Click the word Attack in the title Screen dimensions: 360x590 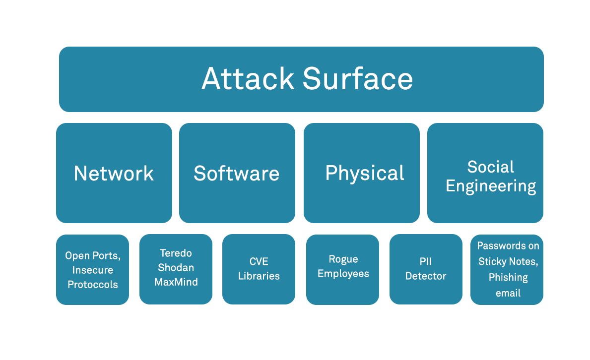pyautogui.click(x=248, y=79)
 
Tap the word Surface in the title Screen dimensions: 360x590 pyautogui.click(x=358, y=79)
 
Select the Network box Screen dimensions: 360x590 pyautogui.click(x=114, y=173)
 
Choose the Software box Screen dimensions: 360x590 pyautogui.click(x=237, y=173)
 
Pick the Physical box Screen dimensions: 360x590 pyautogui.click(x=364, y=173)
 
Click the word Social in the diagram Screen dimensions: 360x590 pyautogui.click(x=490, y=167)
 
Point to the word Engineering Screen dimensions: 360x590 pyautogui.click(x=490, y=186)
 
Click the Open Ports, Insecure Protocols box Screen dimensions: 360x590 pyautogui.click(x=92, y=270)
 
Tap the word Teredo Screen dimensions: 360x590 pyautogui.click(x=176, y=253)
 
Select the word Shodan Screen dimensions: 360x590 pyautogui.click(x=176, y=268)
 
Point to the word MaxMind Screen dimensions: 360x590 pyautogui.click(x=176, y=282)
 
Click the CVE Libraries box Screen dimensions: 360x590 pyautogui.click(x=259, y=269)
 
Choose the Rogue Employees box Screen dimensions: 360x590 pyautogui.click(x=343, y=267)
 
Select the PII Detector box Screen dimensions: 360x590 pyautogui.click(x=425, y=269)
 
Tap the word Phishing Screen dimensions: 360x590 pyautogui.click(x=508, y=277)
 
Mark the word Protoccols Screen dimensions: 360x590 pyautogui.click(x=93, y=285)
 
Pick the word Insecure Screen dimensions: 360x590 pyautogui.click(x=93, y=270)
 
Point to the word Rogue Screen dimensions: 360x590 pyautogui.click(x=343, y=259)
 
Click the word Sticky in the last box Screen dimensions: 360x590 pyautogui.click(x=492, y=261)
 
